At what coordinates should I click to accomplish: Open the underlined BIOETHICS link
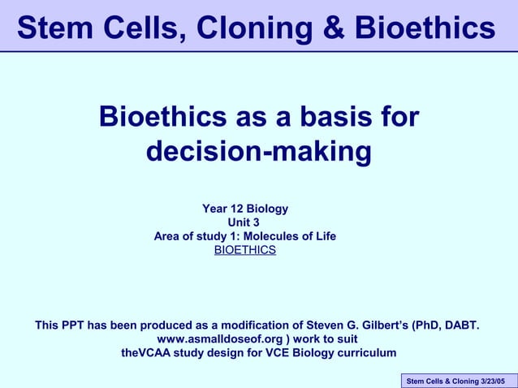pos(244,250)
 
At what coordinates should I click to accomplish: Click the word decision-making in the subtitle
pos(258,151)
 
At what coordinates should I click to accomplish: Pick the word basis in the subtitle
pos(326,117)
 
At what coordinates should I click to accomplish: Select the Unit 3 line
pos(244,222)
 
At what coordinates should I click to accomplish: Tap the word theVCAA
pos(151,353)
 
